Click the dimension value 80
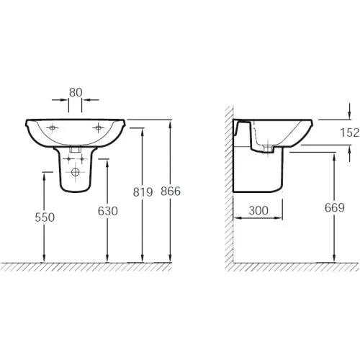pos(76,92)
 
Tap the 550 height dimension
pos(45,217)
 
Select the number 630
pos(108,211)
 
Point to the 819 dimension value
pos(143,192)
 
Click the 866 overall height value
pos(171,192)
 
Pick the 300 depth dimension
pos(258,210)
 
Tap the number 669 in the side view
pos(335,207)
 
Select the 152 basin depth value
pos(350,132)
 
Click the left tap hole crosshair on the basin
pos(52,127)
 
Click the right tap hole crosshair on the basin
pos(98,127)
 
